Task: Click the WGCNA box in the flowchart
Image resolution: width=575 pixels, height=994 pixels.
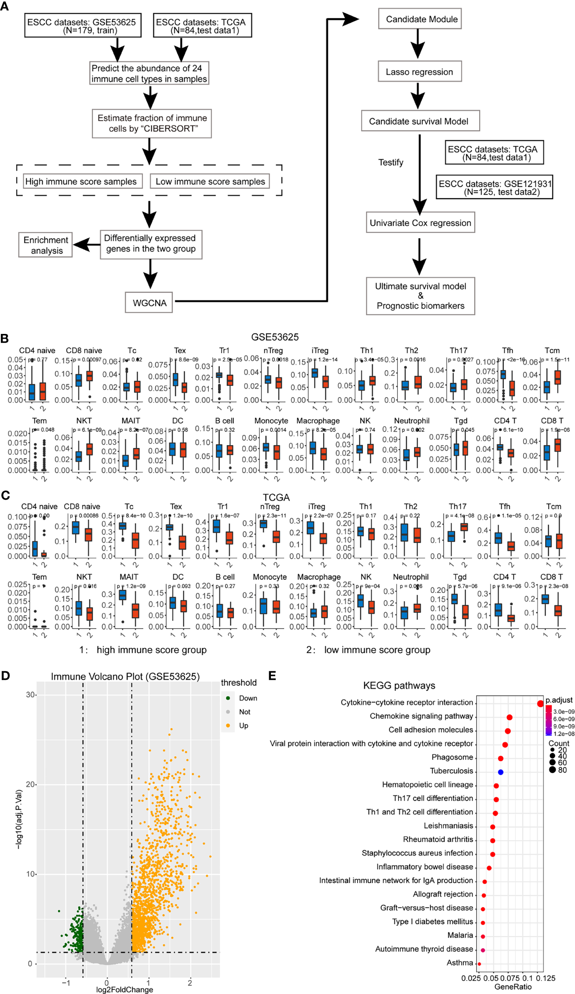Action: click(149, 302)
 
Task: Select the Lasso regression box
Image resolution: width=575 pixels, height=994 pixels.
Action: click(419, 72)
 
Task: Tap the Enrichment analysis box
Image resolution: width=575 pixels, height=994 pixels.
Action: click(46, 245)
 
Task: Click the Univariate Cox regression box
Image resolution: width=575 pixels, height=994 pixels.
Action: click(420, 223)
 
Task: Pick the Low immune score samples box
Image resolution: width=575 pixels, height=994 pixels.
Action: click(210, 181)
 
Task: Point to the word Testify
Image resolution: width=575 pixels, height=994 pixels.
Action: click(391, 162)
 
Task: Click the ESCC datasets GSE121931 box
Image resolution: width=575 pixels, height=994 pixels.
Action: click(494, 187)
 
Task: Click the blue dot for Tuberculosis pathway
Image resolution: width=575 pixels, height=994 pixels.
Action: click(500, 772)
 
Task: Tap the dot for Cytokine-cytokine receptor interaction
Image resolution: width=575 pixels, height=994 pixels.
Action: click(540, 704)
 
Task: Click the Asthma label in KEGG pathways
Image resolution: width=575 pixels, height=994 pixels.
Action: click(460, 963)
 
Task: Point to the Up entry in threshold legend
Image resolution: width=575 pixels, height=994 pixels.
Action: click(243, 726)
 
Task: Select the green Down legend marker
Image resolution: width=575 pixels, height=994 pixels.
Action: click(228, 698)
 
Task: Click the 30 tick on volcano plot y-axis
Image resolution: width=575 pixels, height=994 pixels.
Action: click(30, 695)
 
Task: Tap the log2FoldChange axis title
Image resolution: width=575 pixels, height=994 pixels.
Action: click(124, 989)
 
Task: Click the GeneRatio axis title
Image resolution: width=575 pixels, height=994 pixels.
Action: click(513, 987)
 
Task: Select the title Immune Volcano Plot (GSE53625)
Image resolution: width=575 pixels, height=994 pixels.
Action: click(125, 676)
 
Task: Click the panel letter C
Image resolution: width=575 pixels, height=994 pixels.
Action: click(5, 495)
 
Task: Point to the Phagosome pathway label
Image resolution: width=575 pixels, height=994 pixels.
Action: click(452, 757)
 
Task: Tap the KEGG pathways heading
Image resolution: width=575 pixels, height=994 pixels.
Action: click(399, 686)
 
